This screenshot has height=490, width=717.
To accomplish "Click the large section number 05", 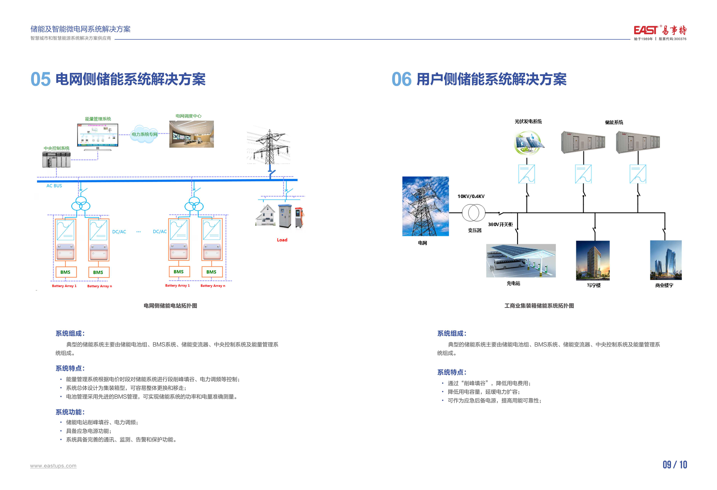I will coord(40,79).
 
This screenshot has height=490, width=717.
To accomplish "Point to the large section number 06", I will coord(401,79).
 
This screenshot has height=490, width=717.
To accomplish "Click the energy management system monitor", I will coord(97,136).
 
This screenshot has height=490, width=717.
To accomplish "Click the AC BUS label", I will coord(54,186).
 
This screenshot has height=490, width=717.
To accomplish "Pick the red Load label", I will coord(282,240).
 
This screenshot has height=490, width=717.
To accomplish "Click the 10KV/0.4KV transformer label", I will coord(471,196).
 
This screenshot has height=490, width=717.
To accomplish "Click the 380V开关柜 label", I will coord(500,224).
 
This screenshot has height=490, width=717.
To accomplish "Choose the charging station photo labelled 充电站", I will coord(521,261).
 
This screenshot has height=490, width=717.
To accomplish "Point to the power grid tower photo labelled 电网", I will coord(425,206).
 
